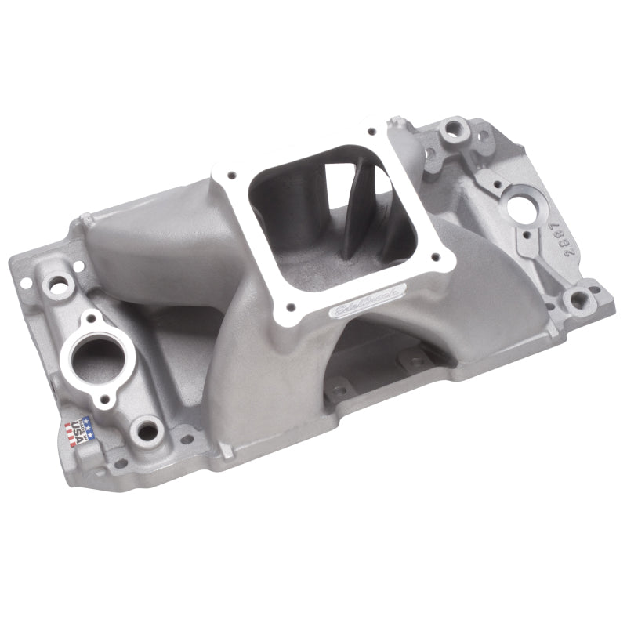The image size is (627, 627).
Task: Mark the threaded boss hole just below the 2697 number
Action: [x=578, y=299]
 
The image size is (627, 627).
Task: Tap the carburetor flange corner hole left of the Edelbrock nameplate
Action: [x=292, y=308]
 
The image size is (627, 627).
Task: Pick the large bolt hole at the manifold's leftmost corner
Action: [x=58, y=286]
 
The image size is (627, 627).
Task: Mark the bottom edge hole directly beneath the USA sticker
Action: [x=119, y=463]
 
